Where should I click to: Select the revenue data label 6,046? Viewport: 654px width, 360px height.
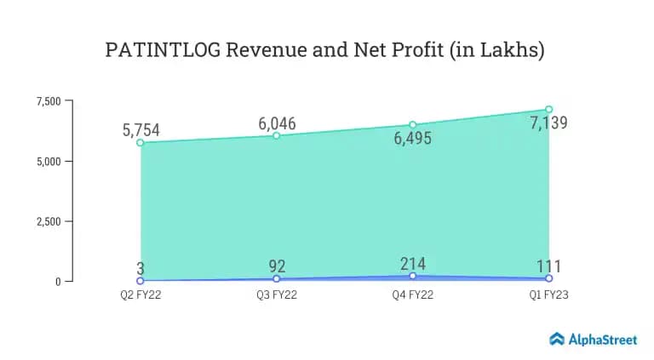(277, 123)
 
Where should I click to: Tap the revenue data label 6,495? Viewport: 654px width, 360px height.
(412, 139)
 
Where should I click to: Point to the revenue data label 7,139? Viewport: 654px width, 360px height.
(548, 123)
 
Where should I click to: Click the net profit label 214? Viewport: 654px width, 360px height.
(412, 264)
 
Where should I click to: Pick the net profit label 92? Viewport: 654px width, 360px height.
(277, 267)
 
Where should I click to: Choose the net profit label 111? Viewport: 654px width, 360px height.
(548, 266)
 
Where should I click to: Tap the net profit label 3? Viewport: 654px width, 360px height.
(140, 269)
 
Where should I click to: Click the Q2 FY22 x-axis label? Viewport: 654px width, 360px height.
(140, 296)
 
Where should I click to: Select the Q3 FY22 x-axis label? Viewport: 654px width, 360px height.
(276, 296)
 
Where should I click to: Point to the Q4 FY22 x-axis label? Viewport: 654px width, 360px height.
(412, 296)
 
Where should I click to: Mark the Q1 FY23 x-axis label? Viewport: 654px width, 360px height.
(548, 296)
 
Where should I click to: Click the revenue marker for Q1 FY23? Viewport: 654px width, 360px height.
(548, 110)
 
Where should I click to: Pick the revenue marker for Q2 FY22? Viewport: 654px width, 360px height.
(140, 143)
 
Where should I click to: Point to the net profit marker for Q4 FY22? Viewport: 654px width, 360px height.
(412, 276)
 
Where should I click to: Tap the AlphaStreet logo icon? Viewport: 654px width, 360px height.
(557, 339)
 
